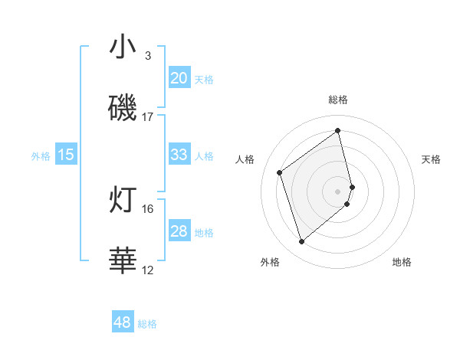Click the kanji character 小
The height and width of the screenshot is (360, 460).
click(123, 47)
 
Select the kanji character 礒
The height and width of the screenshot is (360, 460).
click(123, 107)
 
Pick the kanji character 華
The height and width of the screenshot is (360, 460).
click(123, 260)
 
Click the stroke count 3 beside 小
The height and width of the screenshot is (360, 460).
click(148, 56)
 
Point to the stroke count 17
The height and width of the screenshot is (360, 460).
click(148, 117)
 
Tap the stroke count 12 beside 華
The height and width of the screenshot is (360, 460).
click(148, 270)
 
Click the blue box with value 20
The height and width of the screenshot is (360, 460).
click(179, 78)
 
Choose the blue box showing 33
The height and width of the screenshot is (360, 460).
click(179, 155)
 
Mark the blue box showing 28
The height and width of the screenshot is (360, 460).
click(179, 231)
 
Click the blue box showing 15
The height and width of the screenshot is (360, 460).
click(66, 155)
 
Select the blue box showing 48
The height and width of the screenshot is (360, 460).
click(123, 322)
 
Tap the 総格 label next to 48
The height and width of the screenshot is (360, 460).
click(147, 324)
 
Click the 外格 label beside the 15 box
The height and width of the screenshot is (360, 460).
click(41, 156)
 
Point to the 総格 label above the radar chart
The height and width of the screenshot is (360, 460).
click(338, 100)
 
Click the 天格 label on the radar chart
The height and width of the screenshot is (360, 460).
click(431, 159)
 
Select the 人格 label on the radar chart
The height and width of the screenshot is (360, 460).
click(245, 159)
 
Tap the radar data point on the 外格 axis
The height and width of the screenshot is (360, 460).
click(301, 242)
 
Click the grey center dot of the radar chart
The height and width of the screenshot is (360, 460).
click(338, 191)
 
